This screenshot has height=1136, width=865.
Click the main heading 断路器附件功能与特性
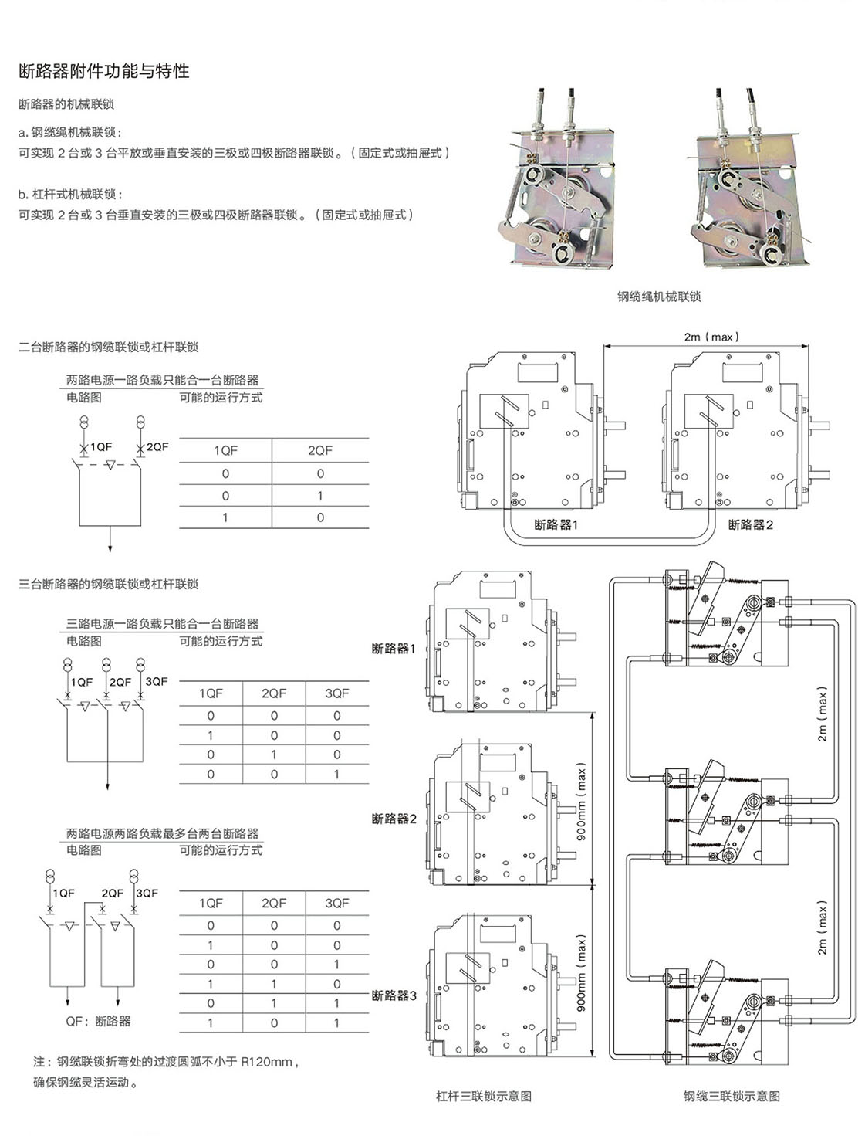coord(104,71)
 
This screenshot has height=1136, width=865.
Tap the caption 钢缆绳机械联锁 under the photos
coord(659,297)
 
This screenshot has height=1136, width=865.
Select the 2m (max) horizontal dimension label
coord(711,337)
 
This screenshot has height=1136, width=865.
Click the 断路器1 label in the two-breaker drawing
coord(556,525)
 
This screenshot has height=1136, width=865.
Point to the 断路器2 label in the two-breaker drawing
coord(750,525)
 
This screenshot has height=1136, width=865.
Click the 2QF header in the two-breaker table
coord(320,451)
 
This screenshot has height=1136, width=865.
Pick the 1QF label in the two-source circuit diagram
coord(101,446)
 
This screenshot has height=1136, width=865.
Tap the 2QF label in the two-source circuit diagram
coord(157,446)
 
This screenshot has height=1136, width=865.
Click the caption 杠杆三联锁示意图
coord(484,1096)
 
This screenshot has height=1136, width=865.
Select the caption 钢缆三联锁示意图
coord(731,1096)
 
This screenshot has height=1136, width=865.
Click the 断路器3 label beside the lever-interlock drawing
coord(394,995)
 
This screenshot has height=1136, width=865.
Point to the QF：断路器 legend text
coord(98,1021)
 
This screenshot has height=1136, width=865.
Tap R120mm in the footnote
coord(267,1062)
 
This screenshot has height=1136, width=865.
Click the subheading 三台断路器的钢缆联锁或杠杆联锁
coord(108,585)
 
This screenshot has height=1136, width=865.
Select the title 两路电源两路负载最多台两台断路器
coord(162,833)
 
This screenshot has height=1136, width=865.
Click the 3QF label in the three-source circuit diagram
coord(156,682)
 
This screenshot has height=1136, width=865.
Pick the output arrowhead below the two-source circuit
coord(110,548)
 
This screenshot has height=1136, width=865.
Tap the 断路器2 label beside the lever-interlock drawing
coord(394,819)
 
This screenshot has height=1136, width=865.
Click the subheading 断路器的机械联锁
coord(66,104)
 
